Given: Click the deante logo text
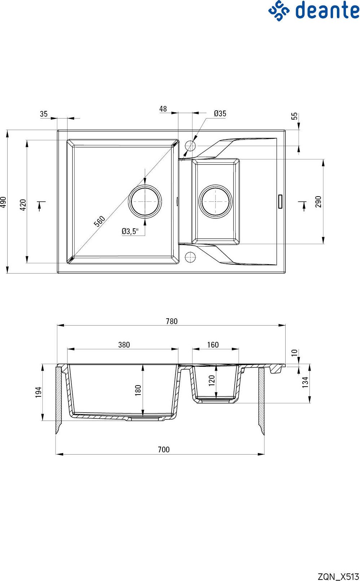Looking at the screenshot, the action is click(x=328, y=10).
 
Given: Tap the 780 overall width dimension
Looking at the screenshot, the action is click(x=172, y=321).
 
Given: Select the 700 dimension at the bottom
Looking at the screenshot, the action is click(x=164, y=449).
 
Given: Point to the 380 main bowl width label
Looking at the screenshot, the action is click(x=124, y=345).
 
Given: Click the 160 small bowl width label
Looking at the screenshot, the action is click(x=213, y=345).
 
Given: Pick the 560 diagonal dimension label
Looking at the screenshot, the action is click(x=99, y=221).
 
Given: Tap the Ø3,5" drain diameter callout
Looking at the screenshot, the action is click(x=130, y=231).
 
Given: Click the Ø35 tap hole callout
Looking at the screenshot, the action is click(x=220, y=113).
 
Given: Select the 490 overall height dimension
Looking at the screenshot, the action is click(x=3, y=202).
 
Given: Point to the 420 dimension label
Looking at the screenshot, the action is click(x=23, y=205).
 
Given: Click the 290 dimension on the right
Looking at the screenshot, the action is click(x=318, y=202).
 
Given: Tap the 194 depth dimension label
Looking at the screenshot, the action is click(x=38, y=392).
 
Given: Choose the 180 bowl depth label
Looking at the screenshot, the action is click(x=138, y=390).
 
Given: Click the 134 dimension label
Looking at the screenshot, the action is click(x=305, y=382).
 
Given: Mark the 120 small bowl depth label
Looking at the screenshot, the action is click(x=212, y=380).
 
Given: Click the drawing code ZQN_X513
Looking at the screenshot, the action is click(x=338, y=576).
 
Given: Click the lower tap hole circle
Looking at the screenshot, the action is click(x=191, y=252).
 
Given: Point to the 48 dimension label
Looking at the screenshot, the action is click(x=163, y=109).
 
